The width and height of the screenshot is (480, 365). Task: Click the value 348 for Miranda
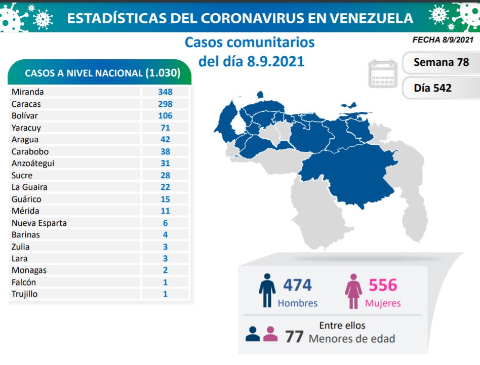click(165, 92)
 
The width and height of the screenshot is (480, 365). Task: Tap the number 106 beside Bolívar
click(165, 116)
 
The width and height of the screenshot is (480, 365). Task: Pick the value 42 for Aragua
click(165, 140)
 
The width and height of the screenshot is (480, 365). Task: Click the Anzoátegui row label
click(32, 163)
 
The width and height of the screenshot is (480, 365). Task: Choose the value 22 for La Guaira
click(165, 187)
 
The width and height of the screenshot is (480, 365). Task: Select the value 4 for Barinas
click(165, 235)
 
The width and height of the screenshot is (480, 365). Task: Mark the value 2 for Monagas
click(165, 270)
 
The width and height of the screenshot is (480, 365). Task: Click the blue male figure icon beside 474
click(267, 291)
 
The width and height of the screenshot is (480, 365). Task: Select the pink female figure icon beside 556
click(353, 291)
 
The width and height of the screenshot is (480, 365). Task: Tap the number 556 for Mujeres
click(383, 285)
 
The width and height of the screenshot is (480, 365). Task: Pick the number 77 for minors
click(294, 336)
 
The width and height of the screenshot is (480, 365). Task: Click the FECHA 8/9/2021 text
click(443, 39)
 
